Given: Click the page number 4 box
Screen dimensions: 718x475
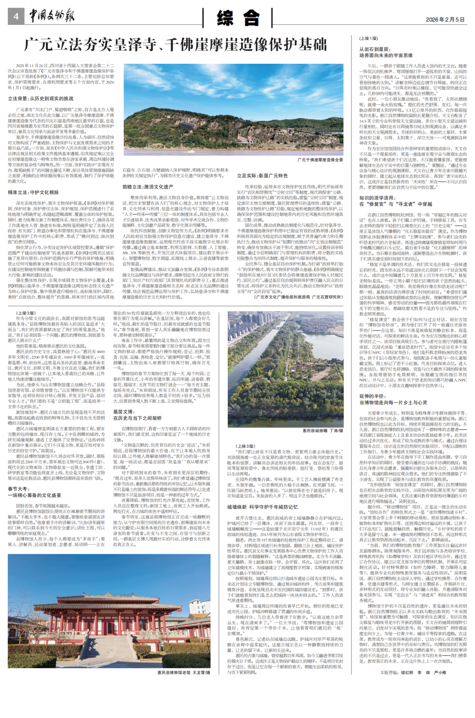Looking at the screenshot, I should [x=16, y=16].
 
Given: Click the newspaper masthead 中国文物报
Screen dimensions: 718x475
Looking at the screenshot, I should [x=52, y=16].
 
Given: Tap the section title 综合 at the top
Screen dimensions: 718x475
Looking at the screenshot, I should [x=238, y=18].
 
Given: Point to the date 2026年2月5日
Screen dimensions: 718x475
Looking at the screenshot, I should [x=445, y=19].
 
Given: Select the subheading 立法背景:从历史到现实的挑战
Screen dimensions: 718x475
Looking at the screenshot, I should [x=40, y=99].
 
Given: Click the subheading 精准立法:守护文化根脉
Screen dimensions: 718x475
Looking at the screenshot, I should [x=33, y=192].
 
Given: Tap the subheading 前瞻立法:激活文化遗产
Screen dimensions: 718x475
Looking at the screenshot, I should [x=148, y=187].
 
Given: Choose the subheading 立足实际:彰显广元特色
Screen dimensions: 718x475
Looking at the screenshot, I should [x=262, y=176].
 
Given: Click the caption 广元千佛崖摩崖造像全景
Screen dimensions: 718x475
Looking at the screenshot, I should [x=320, y=160].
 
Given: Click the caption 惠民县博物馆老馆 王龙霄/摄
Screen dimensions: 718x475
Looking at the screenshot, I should [x=183, y=672].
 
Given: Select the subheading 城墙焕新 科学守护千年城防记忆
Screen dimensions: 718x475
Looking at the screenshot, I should [x=263, y=507].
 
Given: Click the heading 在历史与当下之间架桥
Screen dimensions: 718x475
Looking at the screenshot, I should [x=138, y=418].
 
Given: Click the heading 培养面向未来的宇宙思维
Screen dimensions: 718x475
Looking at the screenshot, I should [x=386, y=55].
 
